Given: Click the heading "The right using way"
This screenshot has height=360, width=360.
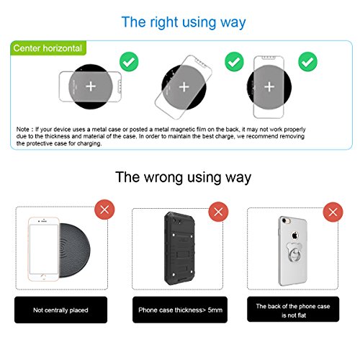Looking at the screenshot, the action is tap(184, 23).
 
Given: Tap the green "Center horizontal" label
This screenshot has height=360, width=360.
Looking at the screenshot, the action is tap(48, 48).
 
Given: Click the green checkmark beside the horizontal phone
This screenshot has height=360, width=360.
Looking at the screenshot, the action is tap(129, 61).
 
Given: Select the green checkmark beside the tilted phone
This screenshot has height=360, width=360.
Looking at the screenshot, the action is tap(234, 61).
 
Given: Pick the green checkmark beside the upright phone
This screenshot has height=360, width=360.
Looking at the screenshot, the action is tap(307, 61).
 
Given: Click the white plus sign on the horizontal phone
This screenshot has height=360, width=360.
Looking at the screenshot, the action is tap(91, 86).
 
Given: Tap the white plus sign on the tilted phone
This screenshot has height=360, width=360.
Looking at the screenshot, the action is tap(184, 87).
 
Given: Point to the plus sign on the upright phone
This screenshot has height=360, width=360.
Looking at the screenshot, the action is tap(269, 87).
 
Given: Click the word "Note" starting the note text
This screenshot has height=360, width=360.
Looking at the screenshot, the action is tap(23, 130).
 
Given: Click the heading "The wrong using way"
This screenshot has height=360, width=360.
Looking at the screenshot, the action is tap(183, 178).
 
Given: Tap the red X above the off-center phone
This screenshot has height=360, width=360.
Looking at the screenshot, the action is tap(104, 210).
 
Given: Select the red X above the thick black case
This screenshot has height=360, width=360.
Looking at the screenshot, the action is tap(218, 212).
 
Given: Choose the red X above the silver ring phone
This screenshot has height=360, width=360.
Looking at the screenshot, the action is tap(333, 212).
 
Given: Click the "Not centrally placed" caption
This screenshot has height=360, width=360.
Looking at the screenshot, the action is tap(60, 310).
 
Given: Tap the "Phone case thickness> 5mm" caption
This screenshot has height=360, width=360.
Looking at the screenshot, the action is tap(180, 310).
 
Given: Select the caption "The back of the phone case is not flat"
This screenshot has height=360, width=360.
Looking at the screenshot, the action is tap(293, 310).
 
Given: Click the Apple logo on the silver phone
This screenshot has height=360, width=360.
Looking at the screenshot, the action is tap(294, 235).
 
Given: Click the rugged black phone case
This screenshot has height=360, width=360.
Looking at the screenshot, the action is tap(179, 248).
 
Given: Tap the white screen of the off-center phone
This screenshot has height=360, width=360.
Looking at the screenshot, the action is tap(44, 249).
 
